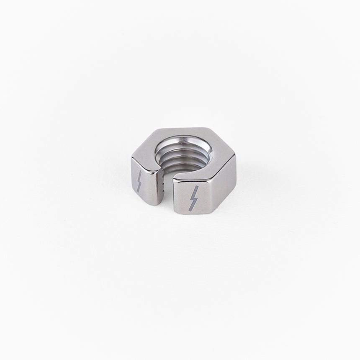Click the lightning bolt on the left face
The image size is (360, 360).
[139, 181]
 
